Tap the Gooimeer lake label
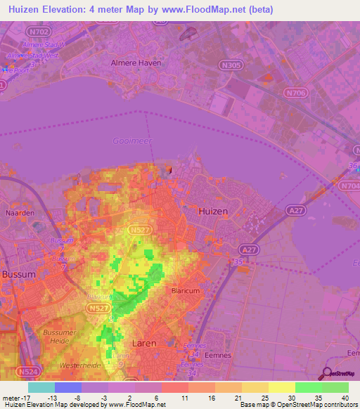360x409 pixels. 131,141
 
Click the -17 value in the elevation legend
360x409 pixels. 15,398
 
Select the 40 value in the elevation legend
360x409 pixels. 346,398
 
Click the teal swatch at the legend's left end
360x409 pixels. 41,387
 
